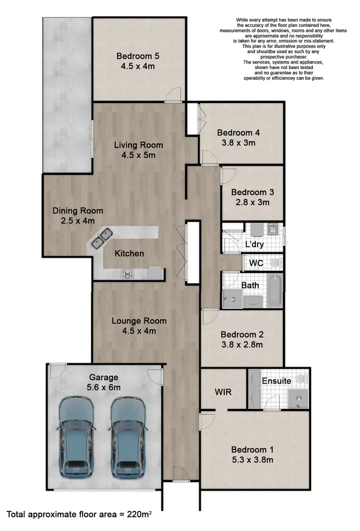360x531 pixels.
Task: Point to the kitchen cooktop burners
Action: (128, 274)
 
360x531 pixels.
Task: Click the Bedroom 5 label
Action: (138, 56)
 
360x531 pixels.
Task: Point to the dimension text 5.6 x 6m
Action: (104, 387)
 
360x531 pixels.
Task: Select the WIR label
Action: (223, 392)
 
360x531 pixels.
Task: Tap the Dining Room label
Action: (78, 211)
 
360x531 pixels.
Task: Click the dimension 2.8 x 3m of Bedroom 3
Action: (252, 202)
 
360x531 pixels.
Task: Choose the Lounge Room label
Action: (139, 321)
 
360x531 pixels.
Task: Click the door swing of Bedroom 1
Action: (207, 421)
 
